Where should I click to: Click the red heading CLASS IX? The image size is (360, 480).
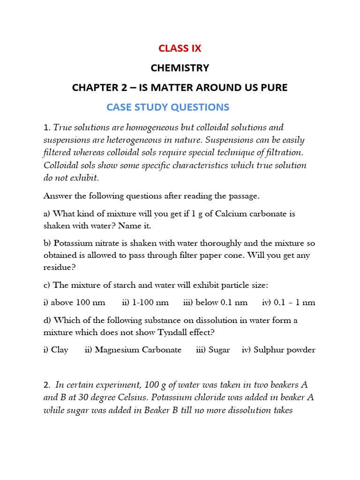point(180,48)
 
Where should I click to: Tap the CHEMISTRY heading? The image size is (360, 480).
point(180,68)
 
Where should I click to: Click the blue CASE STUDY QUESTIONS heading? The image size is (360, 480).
point(168,107)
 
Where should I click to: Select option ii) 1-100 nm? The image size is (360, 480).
point(145,302)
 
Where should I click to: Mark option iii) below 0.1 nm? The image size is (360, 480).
point(215,302)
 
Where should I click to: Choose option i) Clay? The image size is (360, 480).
point(56,350)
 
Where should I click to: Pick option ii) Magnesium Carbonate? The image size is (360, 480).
point(133,350)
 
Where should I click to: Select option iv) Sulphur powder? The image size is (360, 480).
point(278,350)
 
